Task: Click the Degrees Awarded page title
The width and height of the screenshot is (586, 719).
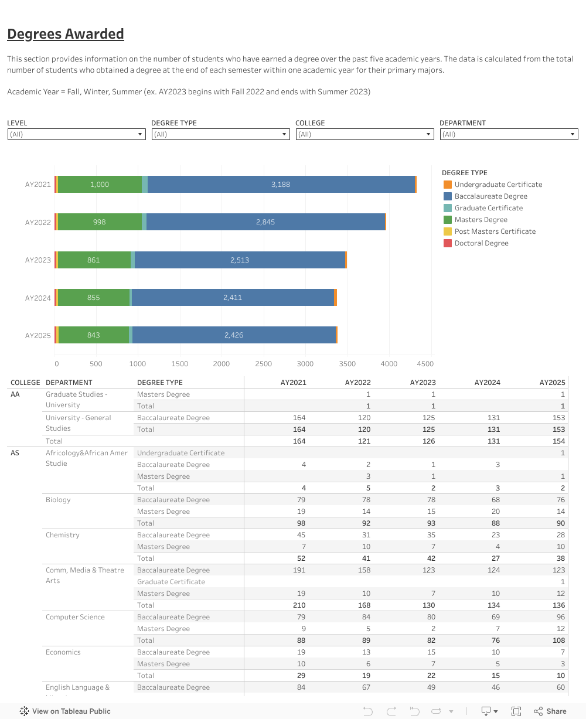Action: pyautogui.click(x=66, y=34)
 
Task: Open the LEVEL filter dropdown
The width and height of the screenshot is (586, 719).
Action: pyautogui.click(x=76, y=134)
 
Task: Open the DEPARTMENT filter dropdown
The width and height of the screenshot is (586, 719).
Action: pyautogui.click(x=509, y=134)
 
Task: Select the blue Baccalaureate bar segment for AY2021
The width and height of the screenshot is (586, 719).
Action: pyautogui.click(x=281, y=185)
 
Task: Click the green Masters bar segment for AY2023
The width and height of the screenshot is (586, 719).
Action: pyautogui.click(x=94, y=260)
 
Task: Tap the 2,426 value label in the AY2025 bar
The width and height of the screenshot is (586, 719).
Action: pyautogui.click(x=233, y=335)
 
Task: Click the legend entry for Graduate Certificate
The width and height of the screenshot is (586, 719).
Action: pyautogui.click(x=488, y=208)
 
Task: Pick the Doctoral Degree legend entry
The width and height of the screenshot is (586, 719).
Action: pyautogui.click(x=481, y=243)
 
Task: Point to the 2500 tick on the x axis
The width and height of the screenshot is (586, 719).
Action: pyautogui.click(x=264, y=364)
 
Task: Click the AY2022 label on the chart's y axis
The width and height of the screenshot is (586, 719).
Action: pyautogui.click(x=38, y=223)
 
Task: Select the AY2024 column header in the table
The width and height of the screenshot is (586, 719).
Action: pyautogui.click(x=488, y=383)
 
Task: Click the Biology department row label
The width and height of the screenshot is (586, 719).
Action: pyautogui.click(x=58, y=500)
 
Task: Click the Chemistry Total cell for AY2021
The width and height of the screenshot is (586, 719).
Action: pyautogui.click(x=299, y=558)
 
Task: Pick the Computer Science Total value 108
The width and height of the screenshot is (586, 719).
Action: pyautogui.click(x=558, y=640)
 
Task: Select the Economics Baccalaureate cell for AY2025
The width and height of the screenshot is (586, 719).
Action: pyautogui.click(x=561, y=652)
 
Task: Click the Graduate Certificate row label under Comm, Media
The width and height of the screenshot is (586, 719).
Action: pyautogui.click(x=171, y=582)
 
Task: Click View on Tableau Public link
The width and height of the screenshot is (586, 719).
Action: pyautogui.click(x=65, y=711)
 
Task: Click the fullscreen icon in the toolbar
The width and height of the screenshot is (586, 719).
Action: pyautogui.click(x=516, y=711)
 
